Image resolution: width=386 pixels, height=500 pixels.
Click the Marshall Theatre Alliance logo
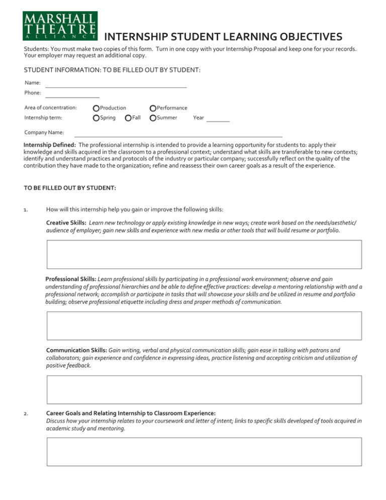coord(60,26)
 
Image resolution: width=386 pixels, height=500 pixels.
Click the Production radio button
coord(96,108)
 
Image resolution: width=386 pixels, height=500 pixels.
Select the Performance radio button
coord(153,108)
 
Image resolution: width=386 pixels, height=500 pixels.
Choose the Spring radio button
coord(96,118)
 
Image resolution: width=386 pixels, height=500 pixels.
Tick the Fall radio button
coord(129,118)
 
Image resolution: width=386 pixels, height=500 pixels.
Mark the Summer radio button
coord(153,118)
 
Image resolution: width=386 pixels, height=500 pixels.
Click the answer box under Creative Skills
coord(204,255)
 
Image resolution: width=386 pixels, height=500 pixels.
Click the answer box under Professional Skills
coord(204,326)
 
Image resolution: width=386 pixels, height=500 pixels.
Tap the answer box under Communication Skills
coord(204,390)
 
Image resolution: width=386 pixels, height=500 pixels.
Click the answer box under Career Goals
coord(204,452)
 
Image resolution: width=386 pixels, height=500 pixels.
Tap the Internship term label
coord(44,118)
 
